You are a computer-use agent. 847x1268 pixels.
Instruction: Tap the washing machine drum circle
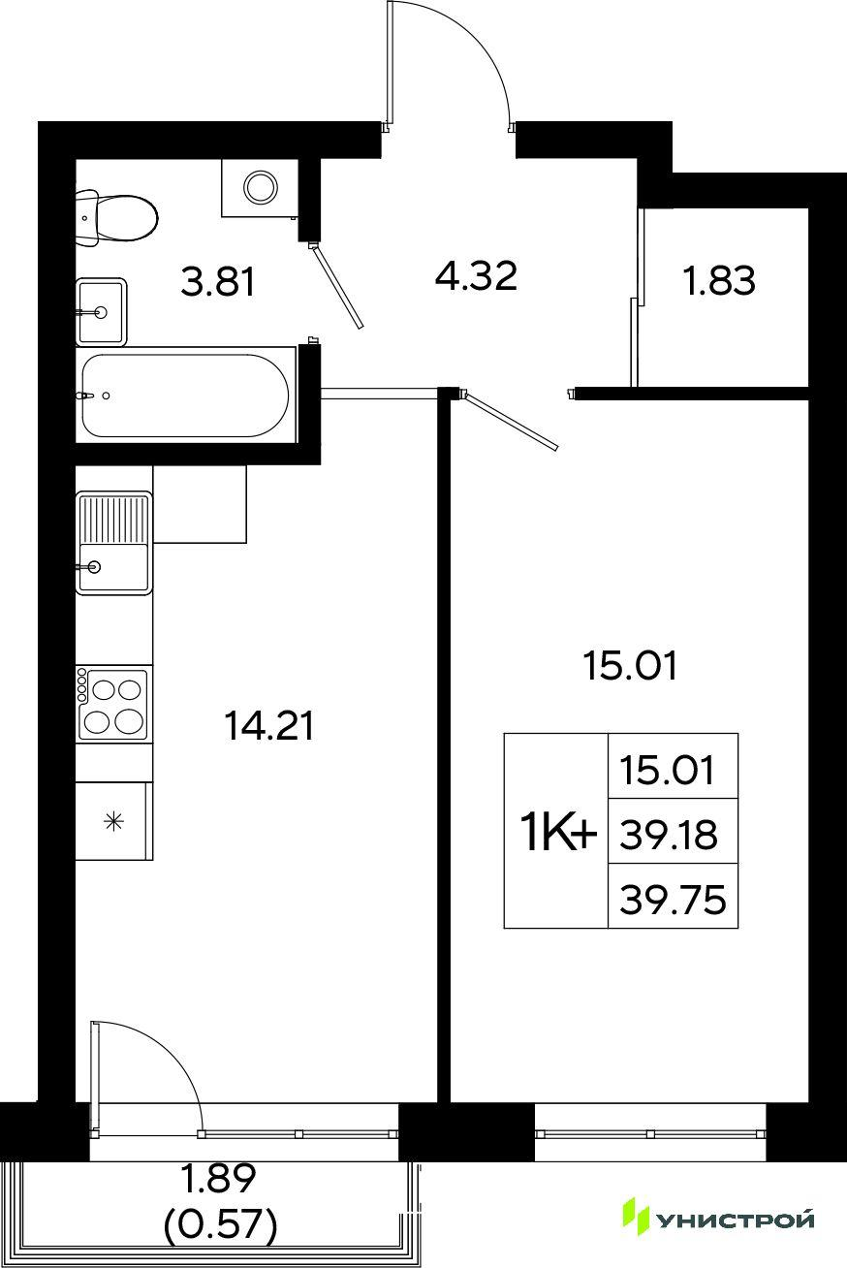click(260, 185)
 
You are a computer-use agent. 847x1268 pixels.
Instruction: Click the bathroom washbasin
click(101, 311)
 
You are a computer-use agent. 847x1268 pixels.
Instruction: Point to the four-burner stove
click(114, 705)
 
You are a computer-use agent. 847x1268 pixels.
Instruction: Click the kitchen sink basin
click(114, 567)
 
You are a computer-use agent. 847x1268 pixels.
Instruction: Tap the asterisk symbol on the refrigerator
click(114, 821)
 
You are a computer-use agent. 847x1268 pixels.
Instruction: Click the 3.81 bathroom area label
click(218, 282)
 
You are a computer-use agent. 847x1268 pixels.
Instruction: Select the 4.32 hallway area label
click(476, 275)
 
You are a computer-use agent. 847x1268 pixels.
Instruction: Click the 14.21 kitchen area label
click(268, 726)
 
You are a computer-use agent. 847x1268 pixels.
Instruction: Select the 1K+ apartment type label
click(559, 836)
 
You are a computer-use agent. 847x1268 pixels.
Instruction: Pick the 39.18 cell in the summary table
click(669, 836)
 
